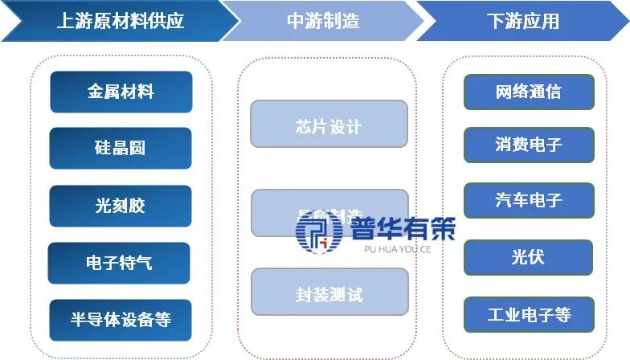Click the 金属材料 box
[x=121, y=92]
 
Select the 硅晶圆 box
[x=121, y=149]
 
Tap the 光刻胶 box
[x=121, y=206]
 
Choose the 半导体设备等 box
[x=121, y=319]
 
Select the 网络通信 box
[x=529, y=92]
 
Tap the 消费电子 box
[x=529, y=145]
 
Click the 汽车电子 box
[x=529, y=200]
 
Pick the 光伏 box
[x=529, y=258]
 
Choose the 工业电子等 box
[x=529, y=314]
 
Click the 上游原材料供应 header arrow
[x=112, y=21]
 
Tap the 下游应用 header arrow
[x=522, y=21]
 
